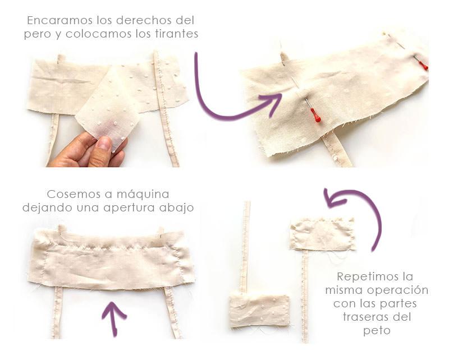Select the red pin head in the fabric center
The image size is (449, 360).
317,117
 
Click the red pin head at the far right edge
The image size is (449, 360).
424,66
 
